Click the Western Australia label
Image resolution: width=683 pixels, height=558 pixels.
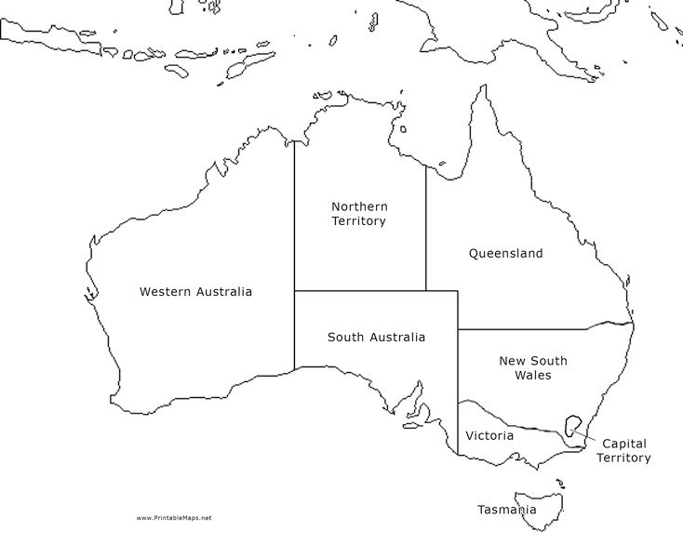coord(195,291)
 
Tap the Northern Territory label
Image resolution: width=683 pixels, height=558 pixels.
coord(359,213)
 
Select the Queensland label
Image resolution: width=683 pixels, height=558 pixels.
coord(505,253)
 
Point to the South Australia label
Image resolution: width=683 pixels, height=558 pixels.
coord(376,337)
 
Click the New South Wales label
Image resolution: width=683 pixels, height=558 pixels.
coord(532,367)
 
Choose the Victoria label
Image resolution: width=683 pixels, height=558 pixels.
coord(489,435)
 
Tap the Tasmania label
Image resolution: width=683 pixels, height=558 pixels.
coord(506,510)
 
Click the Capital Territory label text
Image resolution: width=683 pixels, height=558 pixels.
coord(623,450)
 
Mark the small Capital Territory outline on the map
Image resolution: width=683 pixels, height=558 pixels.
coord(571,427)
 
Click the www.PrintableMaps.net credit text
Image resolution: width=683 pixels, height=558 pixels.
coord(174,518)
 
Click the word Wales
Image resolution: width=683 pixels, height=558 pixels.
coord(532,376)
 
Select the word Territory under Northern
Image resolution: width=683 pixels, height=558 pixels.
coord(359,221)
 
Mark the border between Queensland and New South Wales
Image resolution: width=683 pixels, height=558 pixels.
coord(540,328)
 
